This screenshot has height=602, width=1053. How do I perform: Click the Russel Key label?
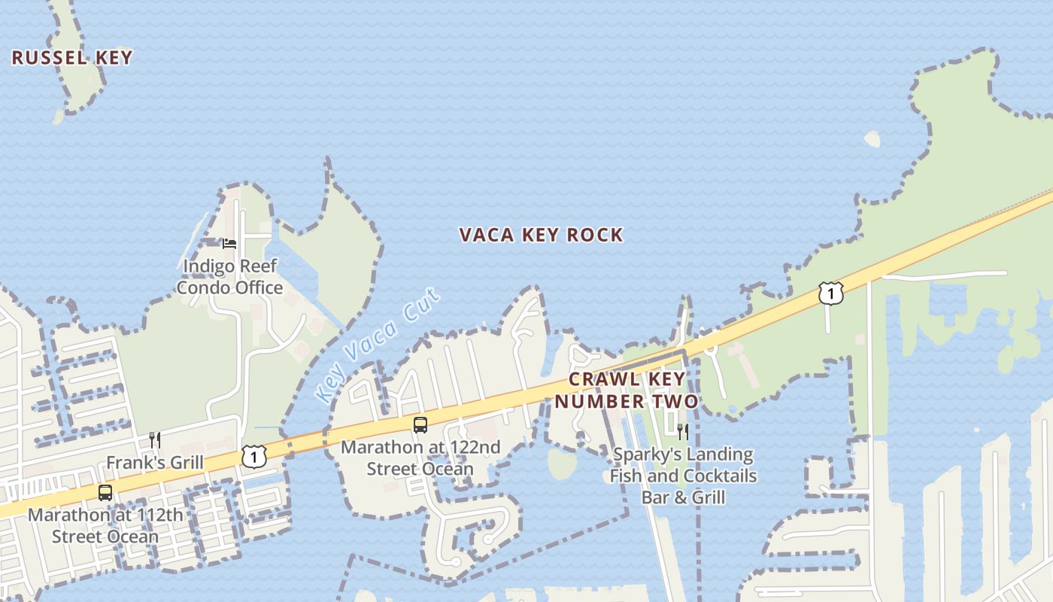[72, 58]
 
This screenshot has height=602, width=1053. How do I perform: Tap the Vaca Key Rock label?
[541, 235]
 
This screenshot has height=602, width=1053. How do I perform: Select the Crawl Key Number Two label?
[627, 390]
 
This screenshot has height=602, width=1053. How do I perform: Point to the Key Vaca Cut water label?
[378, 344]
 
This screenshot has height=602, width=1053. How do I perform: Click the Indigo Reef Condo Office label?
[230, 276]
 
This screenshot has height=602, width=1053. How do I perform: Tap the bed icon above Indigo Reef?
[229, 243]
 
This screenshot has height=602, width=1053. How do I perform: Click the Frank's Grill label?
[155, 462]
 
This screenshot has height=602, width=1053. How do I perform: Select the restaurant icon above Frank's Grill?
[154, 439]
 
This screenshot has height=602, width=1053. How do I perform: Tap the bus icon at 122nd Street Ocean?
[420, 425]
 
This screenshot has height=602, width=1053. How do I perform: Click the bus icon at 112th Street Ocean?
[105, 493]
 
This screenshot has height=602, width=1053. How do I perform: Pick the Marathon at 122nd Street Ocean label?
[420, 458]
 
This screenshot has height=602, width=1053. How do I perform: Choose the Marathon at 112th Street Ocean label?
[105, 525]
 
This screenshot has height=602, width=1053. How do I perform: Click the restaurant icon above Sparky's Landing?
[683, 431]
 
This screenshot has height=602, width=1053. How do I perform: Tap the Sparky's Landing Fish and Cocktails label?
[683, 476]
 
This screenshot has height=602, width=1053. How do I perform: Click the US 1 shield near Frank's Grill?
[254, 455]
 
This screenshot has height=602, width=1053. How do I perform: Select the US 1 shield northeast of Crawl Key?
[831, 293]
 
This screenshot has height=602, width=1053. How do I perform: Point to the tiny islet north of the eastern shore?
[872, 139]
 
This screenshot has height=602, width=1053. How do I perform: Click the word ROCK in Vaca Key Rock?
[595, 235]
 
